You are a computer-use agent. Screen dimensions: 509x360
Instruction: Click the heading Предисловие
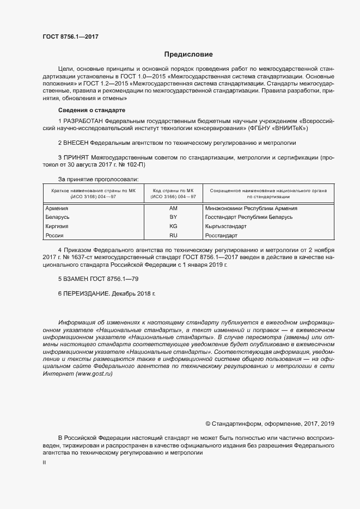[x=189, y=54]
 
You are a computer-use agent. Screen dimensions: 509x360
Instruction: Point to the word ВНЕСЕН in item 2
[x=76, y=143]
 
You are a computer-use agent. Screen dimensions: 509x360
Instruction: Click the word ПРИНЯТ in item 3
[x=76, y=157]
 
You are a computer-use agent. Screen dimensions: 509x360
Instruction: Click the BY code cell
[x=173, y=217]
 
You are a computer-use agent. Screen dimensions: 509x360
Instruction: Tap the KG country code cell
[x=173, y=226]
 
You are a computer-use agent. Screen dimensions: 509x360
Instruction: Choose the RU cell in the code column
[x=173, y=235]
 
